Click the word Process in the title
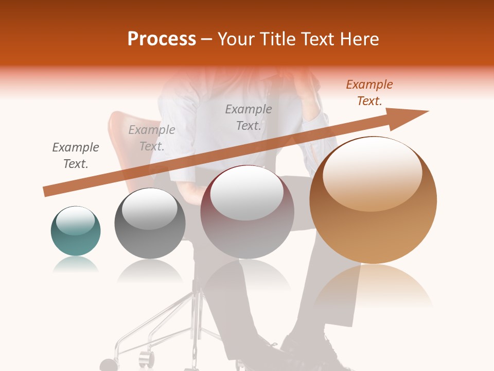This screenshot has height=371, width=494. coord(162,39)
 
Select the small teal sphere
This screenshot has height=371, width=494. coord(76,231)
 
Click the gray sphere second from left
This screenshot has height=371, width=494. coord(150,223)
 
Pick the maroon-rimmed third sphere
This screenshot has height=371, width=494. coord(247,212)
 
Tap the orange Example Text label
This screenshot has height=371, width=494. coord(369,93)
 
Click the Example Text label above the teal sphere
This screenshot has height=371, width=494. coord(75,156)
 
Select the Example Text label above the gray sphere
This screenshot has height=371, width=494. coord(151,138)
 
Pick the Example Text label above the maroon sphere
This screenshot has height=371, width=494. coord(248,117)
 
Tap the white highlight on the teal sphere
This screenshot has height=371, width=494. coord(75,221)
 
